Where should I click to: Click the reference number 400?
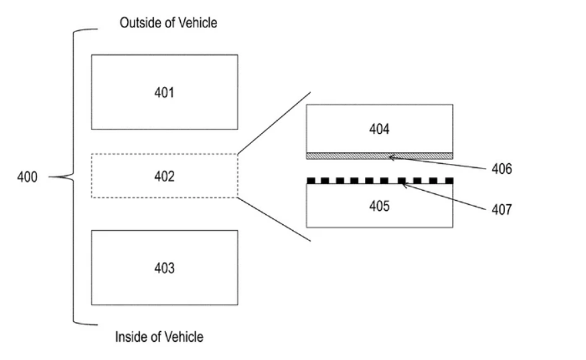[27, 177]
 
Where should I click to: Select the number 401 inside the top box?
[165, 92]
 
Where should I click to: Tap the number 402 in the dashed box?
[165, 176]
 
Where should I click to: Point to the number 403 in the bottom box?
[165, 268]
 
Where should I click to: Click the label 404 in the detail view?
[379, 129]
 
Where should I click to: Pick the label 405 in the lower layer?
[379, 206]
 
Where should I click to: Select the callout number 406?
[502, 169]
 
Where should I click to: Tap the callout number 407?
[502, 209]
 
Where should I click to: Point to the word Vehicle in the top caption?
[198, 23]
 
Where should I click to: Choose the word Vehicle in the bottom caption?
[184, 337]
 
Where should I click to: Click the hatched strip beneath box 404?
[380, 156]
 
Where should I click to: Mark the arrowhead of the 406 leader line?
[390, 157]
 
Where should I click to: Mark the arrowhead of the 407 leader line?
[403, 184]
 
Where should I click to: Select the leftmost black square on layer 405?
[311, 181]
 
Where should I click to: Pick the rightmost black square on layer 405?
[449, 181]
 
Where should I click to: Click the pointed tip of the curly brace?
[49, 177]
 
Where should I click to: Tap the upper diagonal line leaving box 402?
[274, 123]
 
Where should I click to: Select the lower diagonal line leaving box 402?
[274, 219]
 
